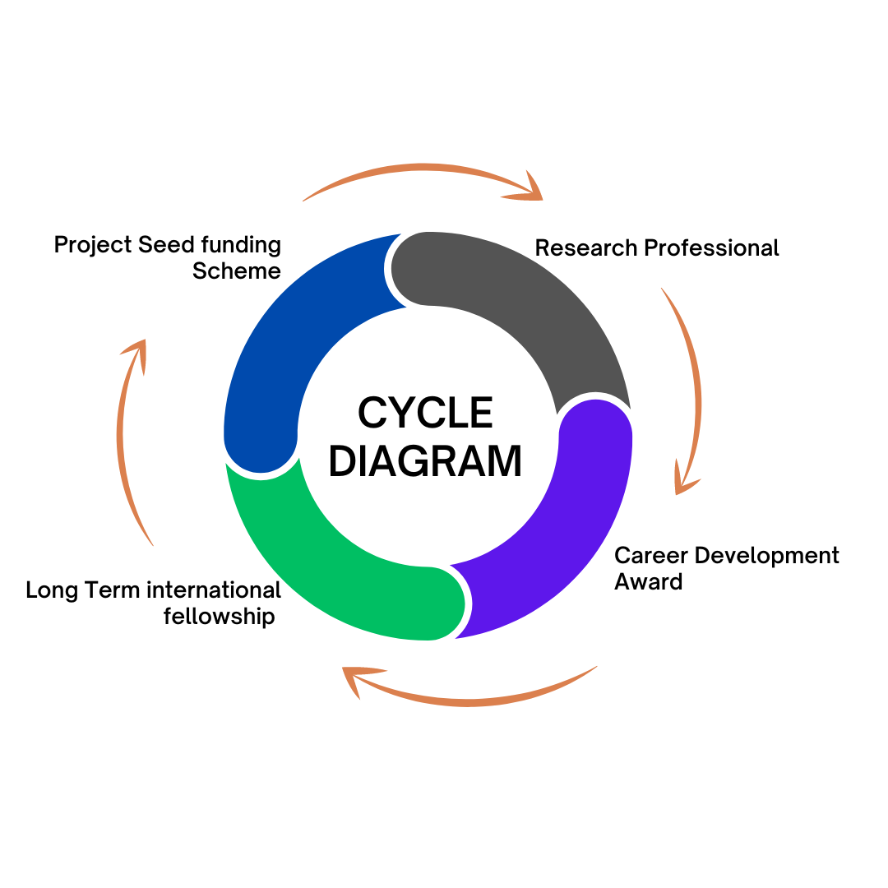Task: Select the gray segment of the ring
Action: click(x=534, y=296)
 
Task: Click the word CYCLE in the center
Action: click(x=425, y=413)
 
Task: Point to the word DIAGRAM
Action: click(x=425, y=461)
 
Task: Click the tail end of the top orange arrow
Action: click(x=306, y=199)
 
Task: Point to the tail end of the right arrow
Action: click(x=663, y=289)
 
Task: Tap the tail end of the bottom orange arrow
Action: click(x=595, y=667)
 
